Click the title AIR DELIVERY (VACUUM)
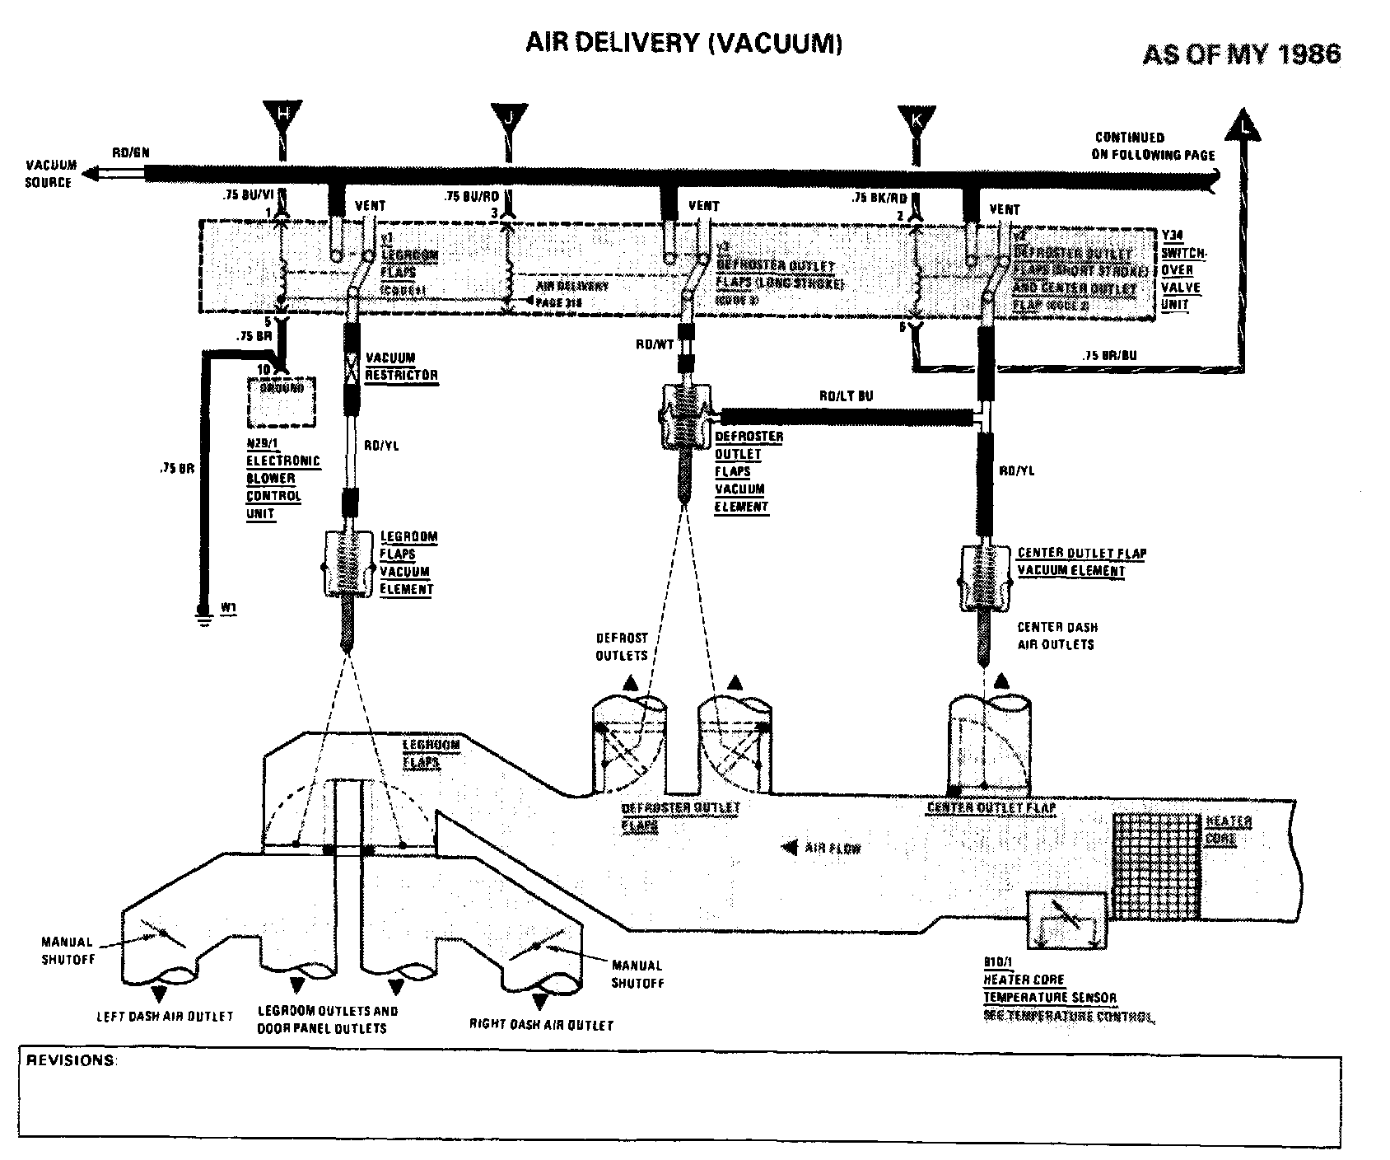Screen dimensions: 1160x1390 [x=683, y=44]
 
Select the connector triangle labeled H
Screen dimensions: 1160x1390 [x=282, y=116]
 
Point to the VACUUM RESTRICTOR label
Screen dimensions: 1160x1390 [x=402, y=367]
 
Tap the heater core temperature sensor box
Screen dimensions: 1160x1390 [x=1066, y=919]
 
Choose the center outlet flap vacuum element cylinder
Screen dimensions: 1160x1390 [x=983, y=577]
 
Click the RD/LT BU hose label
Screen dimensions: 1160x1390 [x=846, y=396]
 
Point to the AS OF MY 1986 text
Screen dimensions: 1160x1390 [x=1241, y=54]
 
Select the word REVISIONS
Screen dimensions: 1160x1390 [x=71, y=1060]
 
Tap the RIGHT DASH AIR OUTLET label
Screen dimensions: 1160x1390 [x=541, y=1025]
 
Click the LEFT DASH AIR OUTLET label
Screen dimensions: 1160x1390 [x=165, y=1017]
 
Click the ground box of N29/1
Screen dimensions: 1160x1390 [x=282, y=402]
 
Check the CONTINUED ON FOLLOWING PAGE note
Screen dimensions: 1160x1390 [x=1153, y=146]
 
